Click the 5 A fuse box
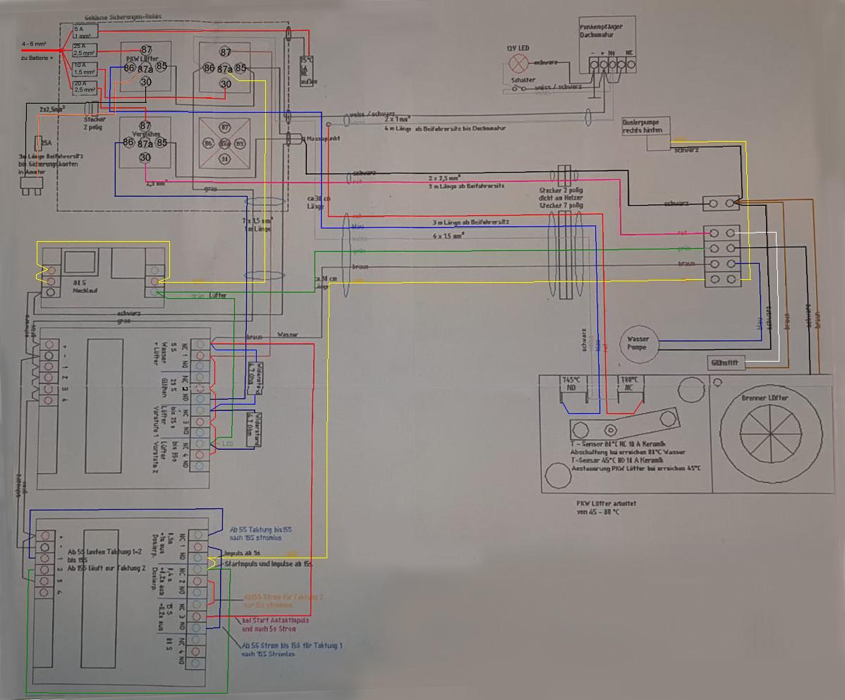(85, 31)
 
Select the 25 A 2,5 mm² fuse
(85, 49)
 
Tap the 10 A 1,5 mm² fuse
(85, 68)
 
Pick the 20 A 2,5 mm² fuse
(85, 87)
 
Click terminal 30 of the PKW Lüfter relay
(146, 82)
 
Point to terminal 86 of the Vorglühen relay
(128, 142)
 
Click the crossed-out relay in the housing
(225, 144)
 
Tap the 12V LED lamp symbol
(519, 64)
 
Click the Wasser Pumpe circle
(638, 343)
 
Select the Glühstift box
(726, 363)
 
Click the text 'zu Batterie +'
(37, 58)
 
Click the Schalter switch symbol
(522, 87)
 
